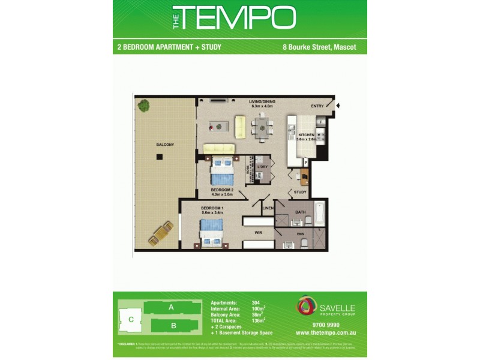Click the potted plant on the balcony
143,106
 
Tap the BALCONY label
165,145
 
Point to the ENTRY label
317,106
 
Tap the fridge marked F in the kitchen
321,122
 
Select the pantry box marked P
306,162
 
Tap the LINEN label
268,208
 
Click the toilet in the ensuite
304,243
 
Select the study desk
304,175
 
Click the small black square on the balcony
159,157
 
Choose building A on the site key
171,308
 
